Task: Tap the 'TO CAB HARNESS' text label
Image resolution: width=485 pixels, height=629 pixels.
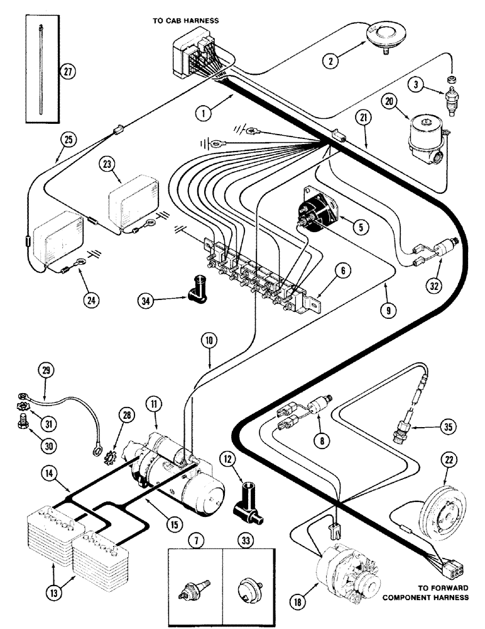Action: click(x=186, y=21)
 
